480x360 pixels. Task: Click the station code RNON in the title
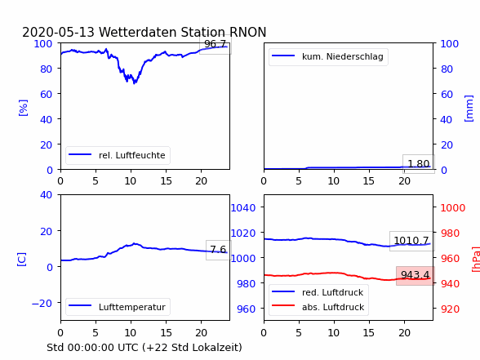point(248,32)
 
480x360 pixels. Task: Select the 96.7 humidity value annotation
point(216,44)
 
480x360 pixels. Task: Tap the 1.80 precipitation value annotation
point(419,164)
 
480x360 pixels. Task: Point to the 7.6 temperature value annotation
point(218,250)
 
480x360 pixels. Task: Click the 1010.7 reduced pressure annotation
point(411,241)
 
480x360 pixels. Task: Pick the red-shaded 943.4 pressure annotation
point(416,276)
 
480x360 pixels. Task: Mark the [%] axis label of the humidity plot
point(23,108)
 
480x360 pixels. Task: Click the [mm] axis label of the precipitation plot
point(469,109)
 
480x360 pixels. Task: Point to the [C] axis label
point(22,260)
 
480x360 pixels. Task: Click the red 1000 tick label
point(453,208)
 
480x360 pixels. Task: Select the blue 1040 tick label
point(243,208)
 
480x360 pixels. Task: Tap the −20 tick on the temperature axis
point(42,304)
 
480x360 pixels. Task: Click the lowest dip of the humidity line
point(135,83)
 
